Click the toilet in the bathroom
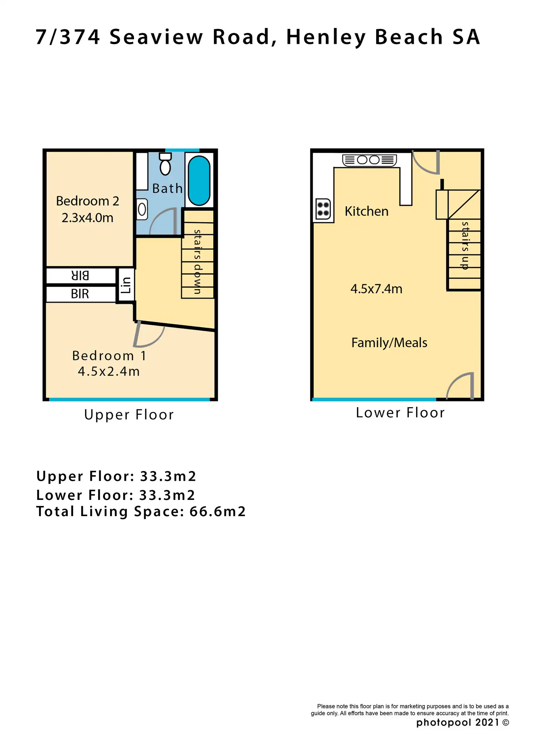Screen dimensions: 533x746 [x=165, y=165]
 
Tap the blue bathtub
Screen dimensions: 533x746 [x=199, y=180]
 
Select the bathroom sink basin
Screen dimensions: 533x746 [x=142, y=209]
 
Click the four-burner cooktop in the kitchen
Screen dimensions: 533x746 [x=323, y=209]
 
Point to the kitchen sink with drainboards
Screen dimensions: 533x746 [x=369, y=160]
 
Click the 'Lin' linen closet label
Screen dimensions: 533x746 [x=126, y=285]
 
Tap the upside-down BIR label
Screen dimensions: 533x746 [x=80, y=276]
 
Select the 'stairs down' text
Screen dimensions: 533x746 [x=197, y=262]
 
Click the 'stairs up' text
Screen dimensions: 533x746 [x=465, y=245]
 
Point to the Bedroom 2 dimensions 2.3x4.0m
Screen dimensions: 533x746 [x=87, y=218]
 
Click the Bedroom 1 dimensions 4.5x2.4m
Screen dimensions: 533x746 [x=109, y=371]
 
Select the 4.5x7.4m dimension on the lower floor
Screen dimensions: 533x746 [x=376, y=289]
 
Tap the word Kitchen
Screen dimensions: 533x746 [x=366, y=211]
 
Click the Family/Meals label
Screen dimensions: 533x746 [x=389, y=342]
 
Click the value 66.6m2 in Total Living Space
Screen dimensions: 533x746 [x=218, y=511]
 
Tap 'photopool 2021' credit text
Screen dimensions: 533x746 [x=458, y=722]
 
